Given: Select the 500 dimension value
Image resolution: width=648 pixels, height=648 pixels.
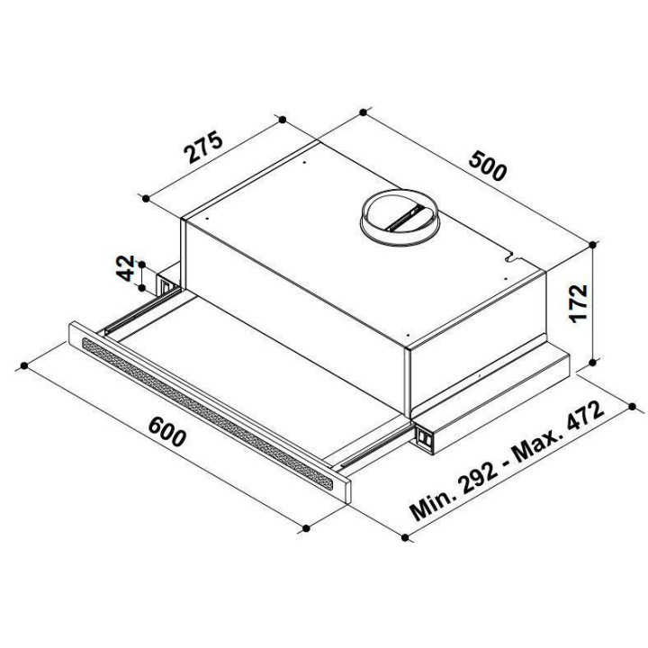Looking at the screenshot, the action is [x=488, y=166].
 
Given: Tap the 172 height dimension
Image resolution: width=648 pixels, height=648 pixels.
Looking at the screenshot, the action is [x=578, y=303].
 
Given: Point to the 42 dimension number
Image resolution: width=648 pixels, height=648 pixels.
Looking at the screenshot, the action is [x=127, y=268].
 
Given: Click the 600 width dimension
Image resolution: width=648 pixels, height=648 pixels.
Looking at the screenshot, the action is [x=167, y=432].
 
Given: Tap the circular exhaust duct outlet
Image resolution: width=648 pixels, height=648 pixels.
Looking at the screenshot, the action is [x=400, y=218].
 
